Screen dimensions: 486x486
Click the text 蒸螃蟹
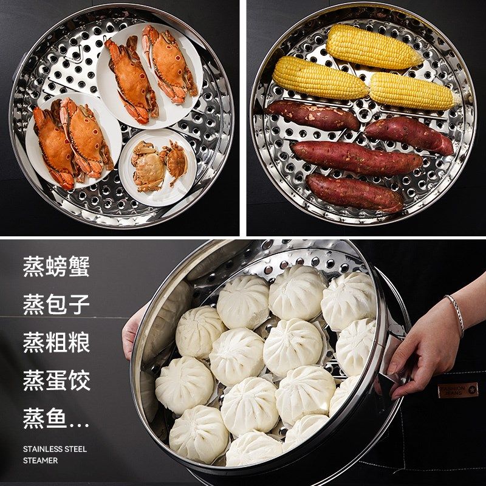pos(56,267)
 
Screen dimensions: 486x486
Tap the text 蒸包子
pos(56,304)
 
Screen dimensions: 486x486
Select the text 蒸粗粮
pos(56,343)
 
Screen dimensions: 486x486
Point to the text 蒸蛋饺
pos(56,381)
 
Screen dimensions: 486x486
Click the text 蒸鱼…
pos(56,419)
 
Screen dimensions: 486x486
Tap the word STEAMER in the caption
pos(41,460)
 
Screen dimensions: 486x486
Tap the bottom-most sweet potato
pos(355,193)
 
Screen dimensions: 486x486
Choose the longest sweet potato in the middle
pos(356,158)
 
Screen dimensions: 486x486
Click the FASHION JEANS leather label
pos(458,389)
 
